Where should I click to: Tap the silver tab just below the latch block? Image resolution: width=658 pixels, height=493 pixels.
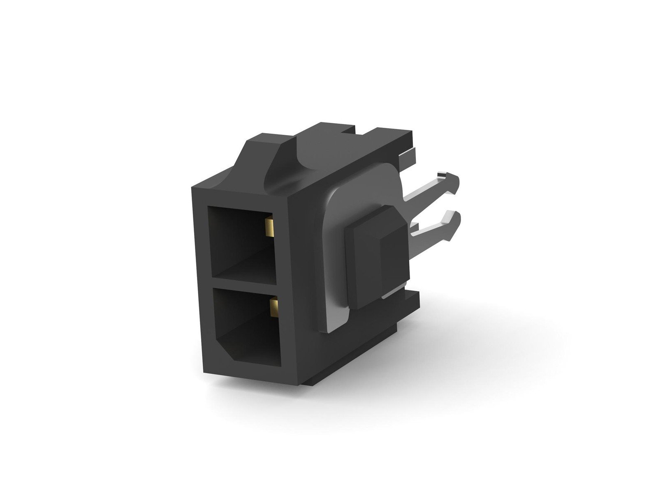click(391, 293)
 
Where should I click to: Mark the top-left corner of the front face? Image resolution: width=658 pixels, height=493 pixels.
click(191, 188)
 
